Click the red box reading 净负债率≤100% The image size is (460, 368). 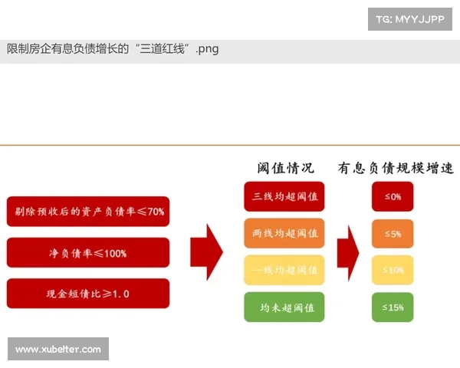pos(87,252)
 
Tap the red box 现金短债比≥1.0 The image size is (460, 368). pos(87,293)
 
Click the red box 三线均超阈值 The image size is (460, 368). pos(284,196)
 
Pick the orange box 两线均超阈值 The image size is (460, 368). pos(284,233)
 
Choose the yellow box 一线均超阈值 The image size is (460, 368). pos(284,270)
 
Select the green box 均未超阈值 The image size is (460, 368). pos(284,307)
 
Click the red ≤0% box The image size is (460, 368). pos(393,196)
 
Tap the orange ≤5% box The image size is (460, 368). pos(393,233)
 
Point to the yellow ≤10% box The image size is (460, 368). pos(393,270)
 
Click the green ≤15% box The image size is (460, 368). pos(393,307)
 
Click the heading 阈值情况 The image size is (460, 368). pos(285,168)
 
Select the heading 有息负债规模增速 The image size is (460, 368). pos(396,168)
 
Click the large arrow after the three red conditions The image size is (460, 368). pos(206,251)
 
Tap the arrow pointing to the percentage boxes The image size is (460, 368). pos(348,251)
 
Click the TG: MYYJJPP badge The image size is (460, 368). pos(410,19)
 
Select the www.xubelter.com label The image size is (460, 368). pos(58,350)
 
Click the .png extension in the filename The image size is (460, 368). pos(207,50)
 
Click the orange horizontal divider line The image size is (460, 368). pos(230,145)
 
